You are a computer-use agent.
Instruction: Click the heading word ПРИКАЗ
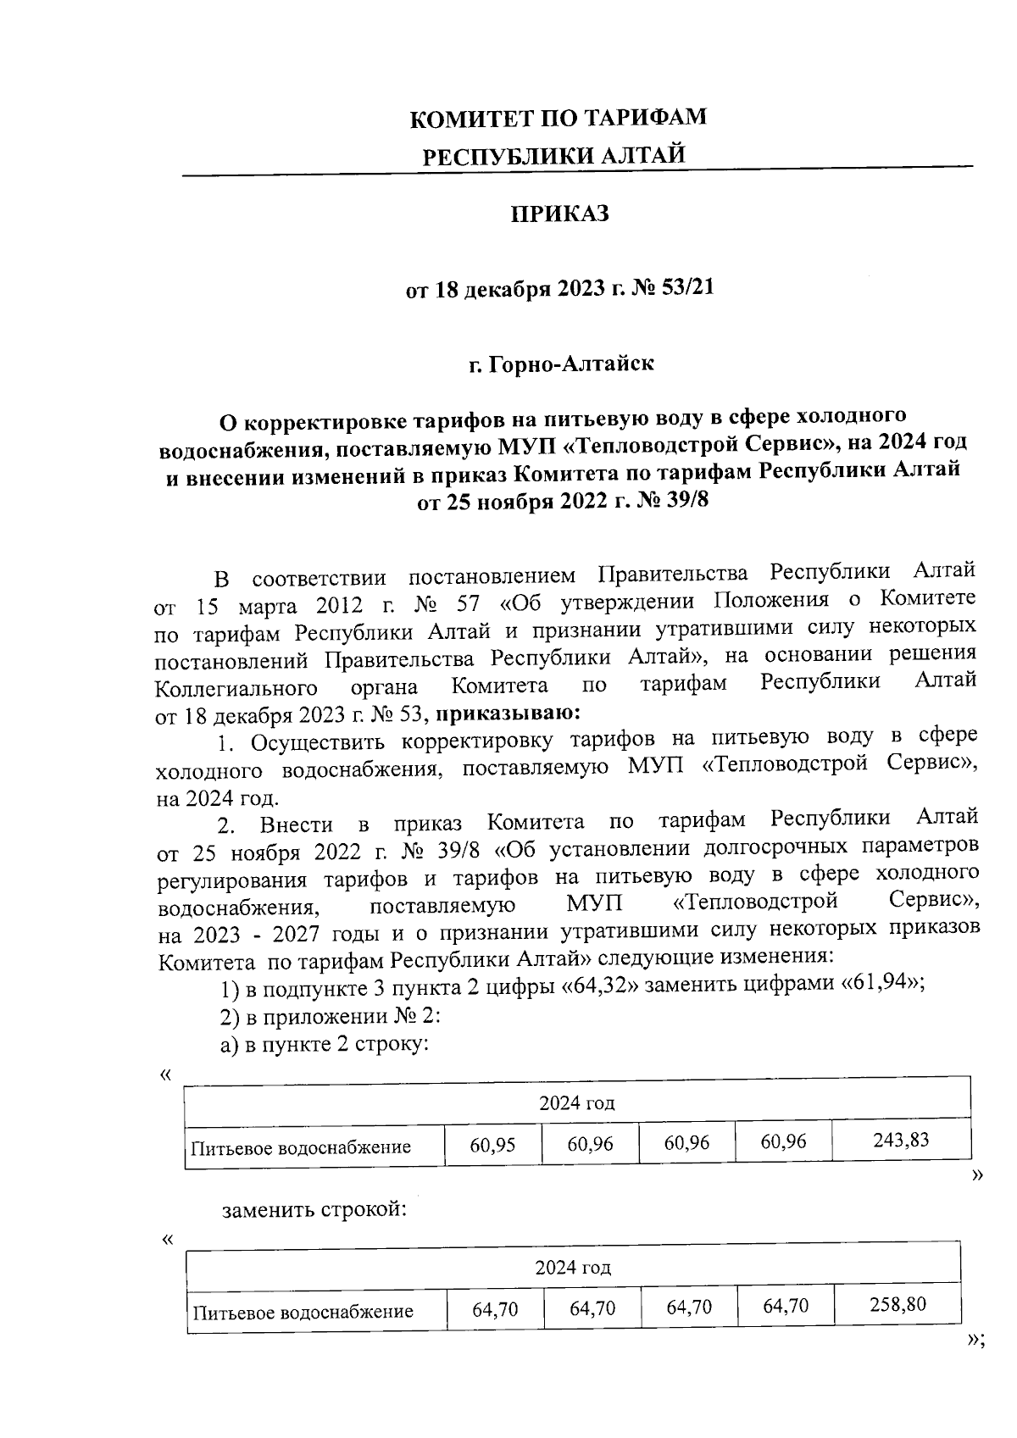tap(560, 214)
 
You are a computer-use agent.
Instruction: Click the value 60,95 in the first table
tap(492, 1145)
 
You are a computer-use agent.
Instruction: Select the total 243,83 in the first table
tap(901, 1141)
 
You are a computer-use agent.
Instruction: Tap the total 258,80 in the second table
tap(898, 1304)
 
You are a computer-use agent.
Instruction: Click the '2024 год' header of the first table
tap(577, 1102)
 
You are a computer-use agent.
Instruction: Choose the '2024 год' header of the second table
tap(574, 1268)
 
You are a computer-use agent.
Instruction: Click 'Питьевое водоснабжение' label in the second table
tap(303, 1313)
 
